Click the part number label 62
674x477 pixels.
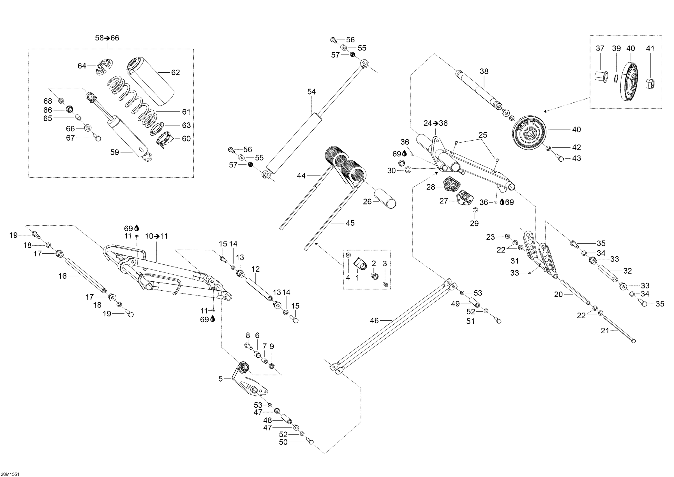point(175,73)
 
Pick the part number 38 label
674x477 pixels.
point(484,71)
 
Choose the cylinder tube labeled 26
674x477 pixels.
point(384,199)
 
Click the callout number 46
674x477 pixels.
point(374,321)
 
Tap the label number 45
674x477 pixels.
point(350,223)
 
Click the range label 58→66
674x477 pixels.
point(107,38)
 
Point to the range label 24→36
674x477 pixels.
point(435,123)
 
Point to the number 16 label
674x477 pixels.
point(63,276)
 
